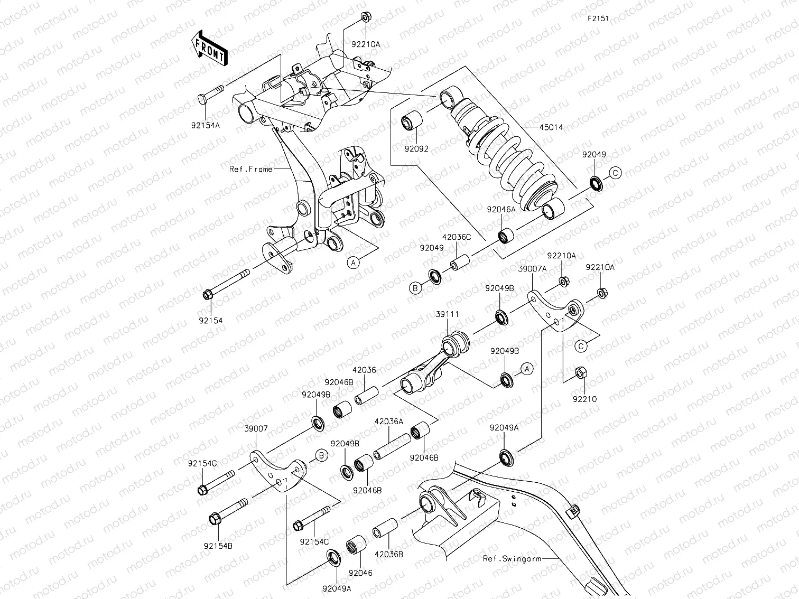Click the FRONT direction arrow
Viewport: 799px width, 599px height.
click(209, 47)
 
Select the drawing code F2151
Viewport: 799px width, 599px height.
click(598, 18)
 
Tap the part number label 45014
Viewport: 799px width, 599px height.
click(551, 127)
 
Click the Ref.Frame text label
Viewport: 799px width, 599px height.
click(250, 169)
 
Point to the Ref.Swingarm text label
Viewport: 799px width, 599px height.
click(512, 558)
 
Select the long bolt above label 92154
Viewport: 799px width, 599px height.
click(227, 285)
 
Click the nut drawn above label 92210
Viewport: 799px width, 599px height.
click(579, 373)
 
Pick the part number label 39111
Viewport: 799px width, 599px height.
click(447, 314)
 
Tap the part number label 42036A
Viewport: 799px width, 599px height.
click(388, 422)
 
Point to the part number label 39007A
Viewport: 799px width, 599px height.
click(532, 269)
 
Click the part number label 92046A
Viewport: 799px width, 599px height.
click(501, 209)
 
